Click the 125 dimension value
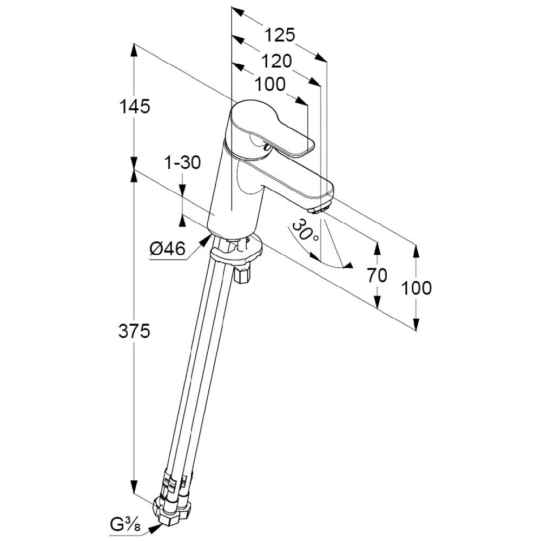coord(280,36)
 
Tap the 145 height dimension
coord(134,107)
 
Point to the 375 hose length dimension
coord(134,331)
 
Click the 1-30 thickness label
coord(182,162)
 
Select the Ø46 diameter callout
coord(168,249)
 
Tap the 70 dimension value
coord(377,276)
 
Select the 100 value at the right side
coord(417,288)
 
